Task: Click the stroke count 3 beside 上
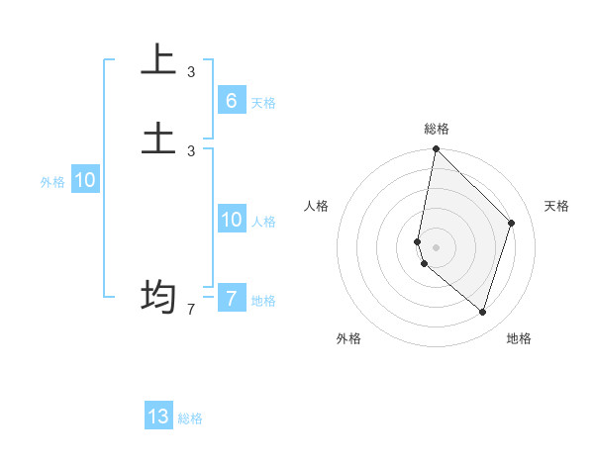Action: [191, 71]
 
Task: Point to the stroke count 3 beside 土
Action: [191, 150]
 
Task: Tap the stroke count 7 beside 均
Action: [191, 310]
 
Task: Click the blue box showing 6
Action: [231, 100]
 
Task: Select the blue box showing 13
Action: [158, 417]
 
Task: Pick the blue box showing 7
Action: [231, 298]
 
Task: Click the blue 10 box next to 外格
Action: [85, 180]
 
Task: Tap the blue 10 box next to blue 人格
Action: [231, 219]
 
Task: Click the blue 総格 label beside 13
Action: [190, 418]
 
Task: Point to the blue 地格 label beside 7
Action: [263, 301]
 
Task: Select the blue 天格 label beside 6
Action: [263, 103]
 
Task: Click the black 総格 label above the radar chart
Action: [437, 129]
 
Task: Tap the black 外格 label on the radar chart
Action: [348, 338]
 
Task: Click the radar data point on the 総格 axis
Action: [436, 148]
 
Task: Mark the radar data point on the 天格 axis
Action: [512, 223]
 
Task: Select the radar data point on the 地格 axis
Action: [482, 313]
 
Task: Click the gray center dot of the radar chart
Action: [436, 246]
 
